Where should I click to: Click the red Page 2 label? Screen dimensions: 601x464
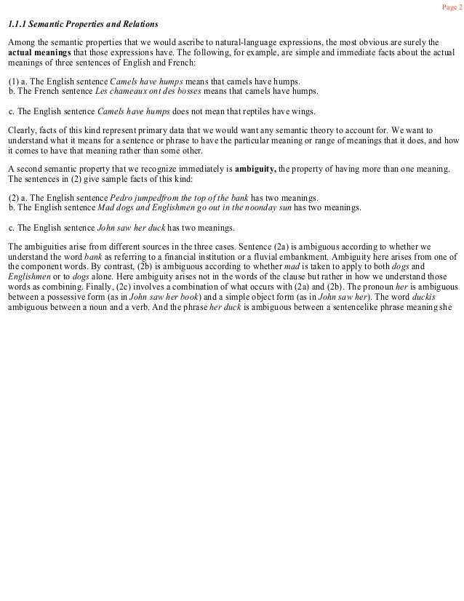pyautogui.click(x=451, y=7)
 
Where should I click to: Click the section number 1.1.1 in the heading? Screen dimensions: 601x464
pyautogui.click(x=18, y=25)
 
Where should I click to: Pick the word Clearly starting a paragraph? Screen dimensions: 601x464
pyautogui.click(x=20, y=130)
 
